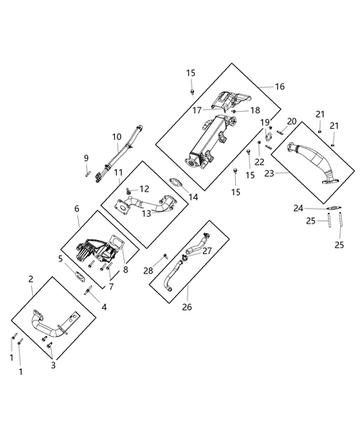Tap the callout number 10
117,136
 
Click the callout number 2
30,280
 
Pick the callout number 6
76,210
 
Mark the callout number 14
194,197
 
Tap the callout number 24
299,208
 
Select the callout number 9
85,158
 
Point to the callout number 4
104,306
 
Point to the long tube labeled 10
123,157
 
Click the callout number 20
291,122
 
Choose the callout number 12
145,189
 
